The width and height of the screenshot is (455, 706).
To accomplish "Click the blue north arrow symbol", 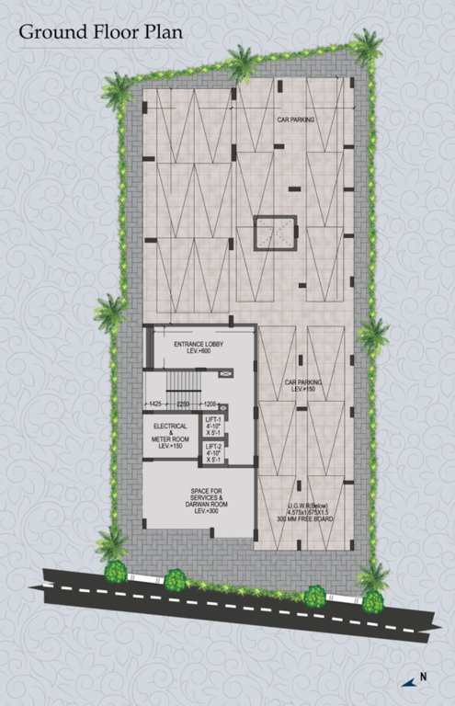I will pyautogui.click(x=406, y=681).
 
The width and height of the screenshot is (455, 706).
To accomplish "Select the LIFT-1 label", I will pyautogui.click(x=215, y=419).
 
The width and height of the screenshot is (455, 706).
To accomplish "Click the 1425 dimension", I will pyautogui.click(x=155, y=404).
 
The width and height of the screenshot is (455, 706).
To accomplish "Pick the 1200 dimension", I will pyautogui.click(x=210, y=404).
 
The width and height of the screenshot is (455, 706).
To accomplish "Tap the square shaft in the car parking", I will pyautogui.click(x=274, y=231).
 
